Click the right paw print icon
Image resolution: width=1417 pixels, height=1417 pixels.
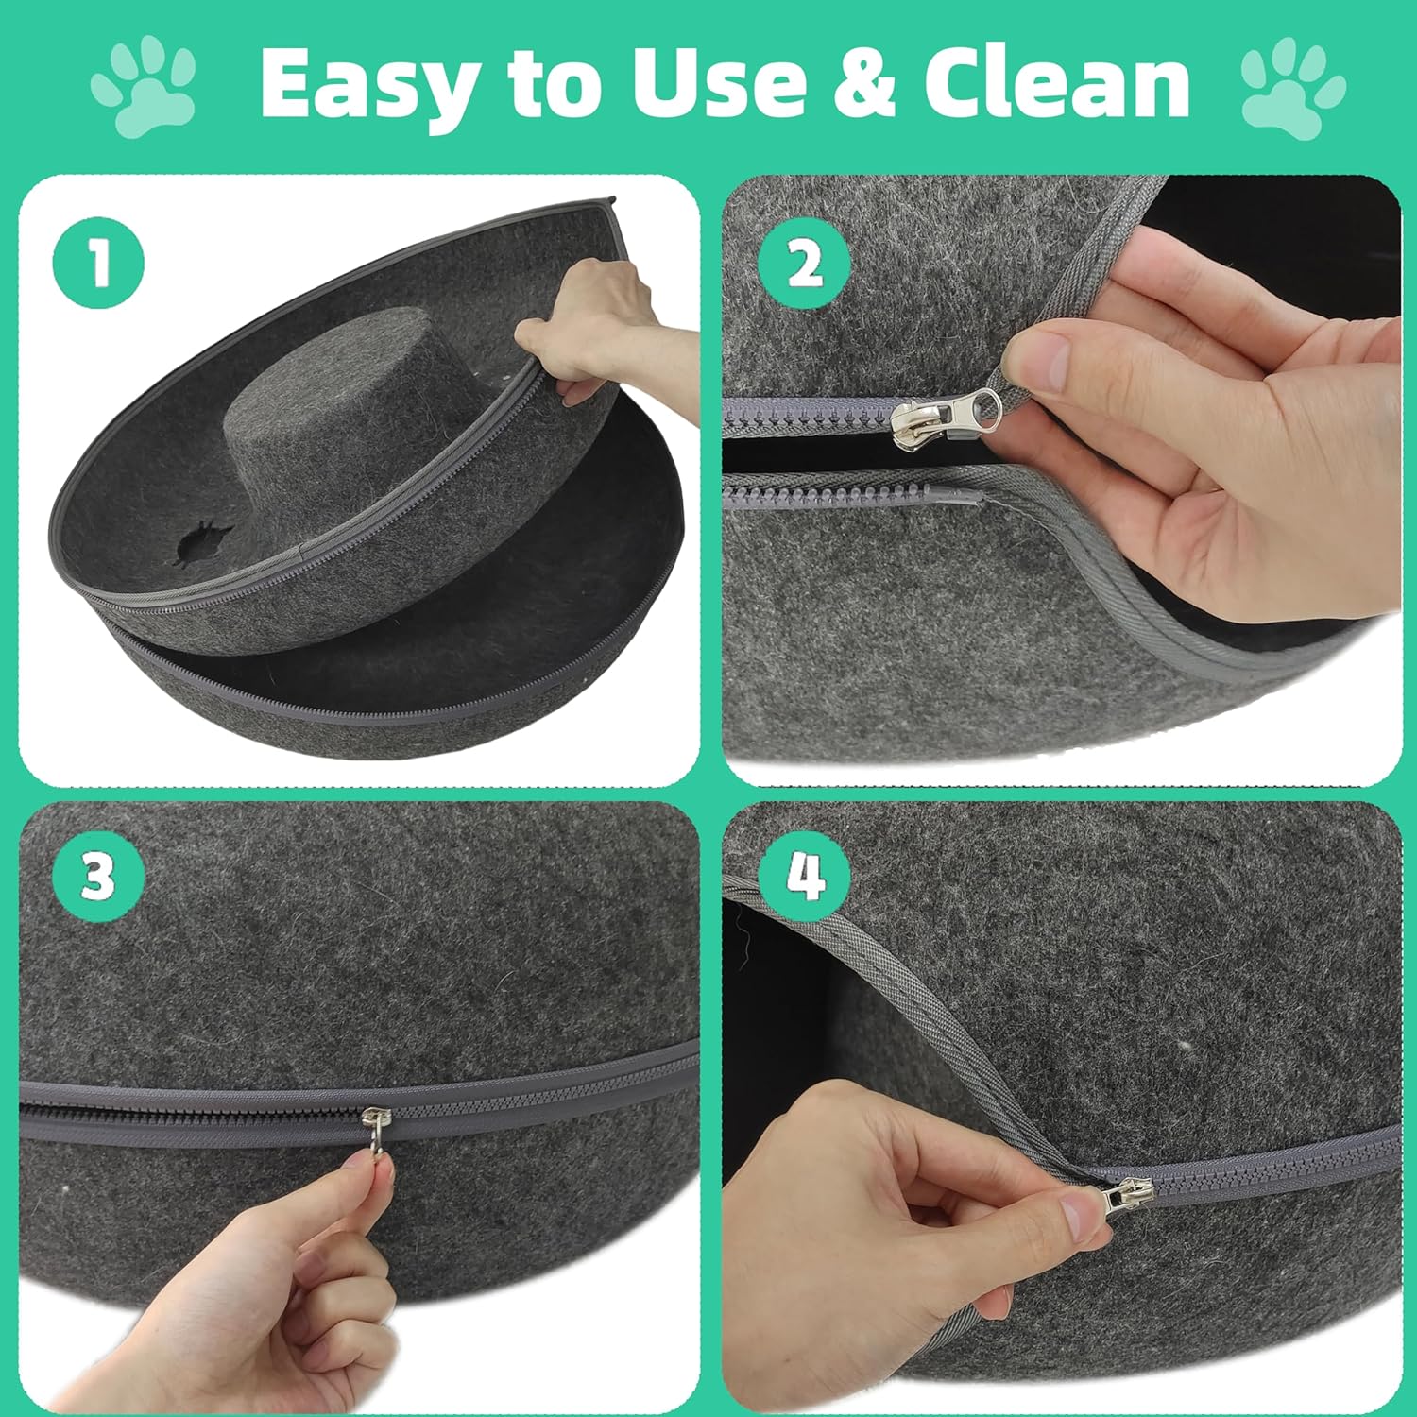pos(1292,87)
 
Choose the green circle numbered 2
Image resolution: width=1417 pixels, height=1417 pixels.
pos(804,264)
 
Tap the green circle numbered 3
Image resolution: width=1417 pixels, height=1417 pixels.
pos(99,878)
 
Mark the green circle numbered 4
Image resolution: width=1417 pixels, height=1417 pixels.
pos(805,878)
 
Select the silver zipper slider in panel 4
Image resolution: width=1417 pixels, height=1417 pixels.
pos(1126,1200)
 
